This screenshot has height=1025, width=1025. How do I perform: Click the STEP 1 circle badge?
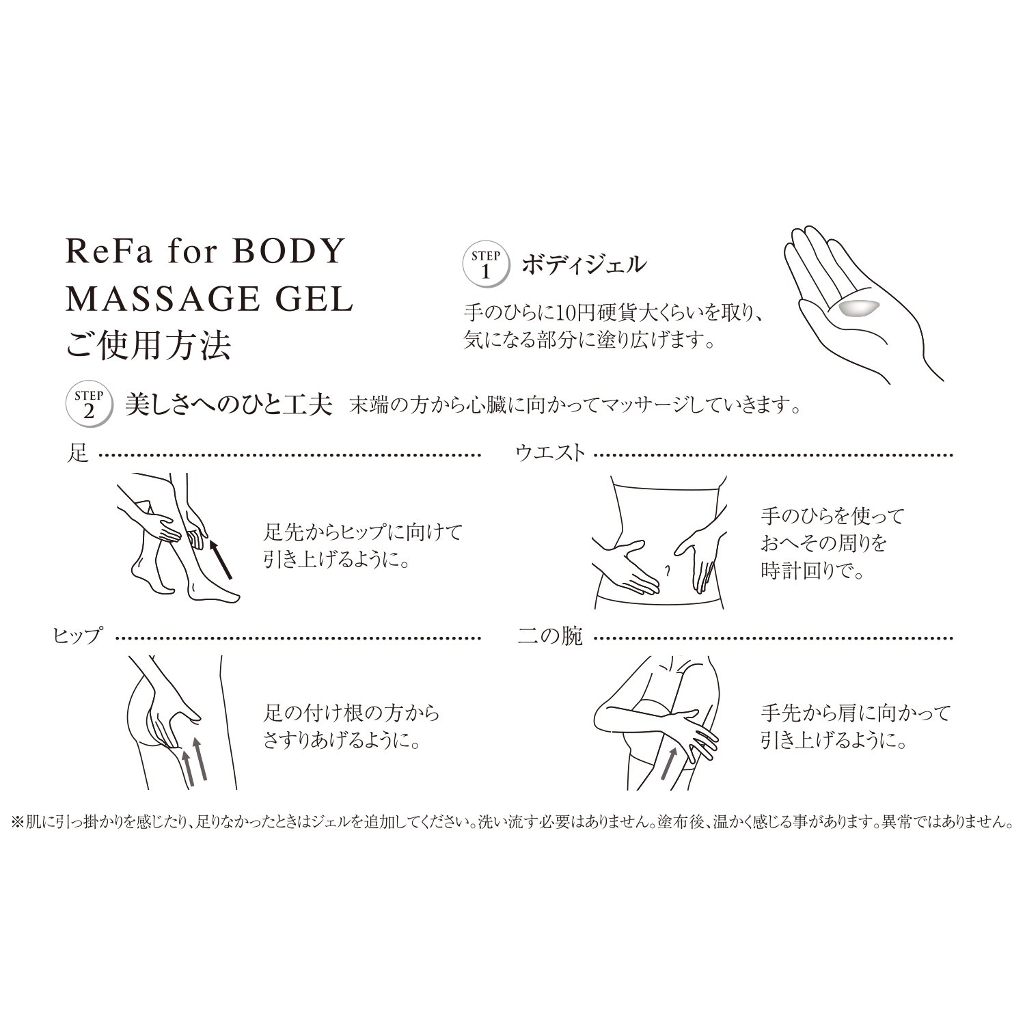pyautogui.click(x=486, y=264)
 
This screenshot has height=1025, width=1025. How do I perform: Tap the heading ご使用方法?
pyautogui.click(x=148, y=346)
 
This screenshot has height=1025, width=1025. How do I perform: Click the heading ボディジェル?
pyautogui.click(x=582, y=264)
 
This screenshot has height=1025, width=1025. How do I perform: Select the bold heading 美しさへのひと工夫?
pyautogui.click(x=228, y=406)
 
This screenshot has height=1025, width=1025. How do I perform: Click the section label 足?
pyautogui.click(x=79, y=453)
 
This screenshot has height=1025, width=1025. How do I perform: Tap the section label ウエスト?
pyautogui.click(x=551, y=453)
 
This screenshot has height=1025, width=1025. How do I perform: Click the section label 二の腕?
pyautogui.click(x=550, y=636)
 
